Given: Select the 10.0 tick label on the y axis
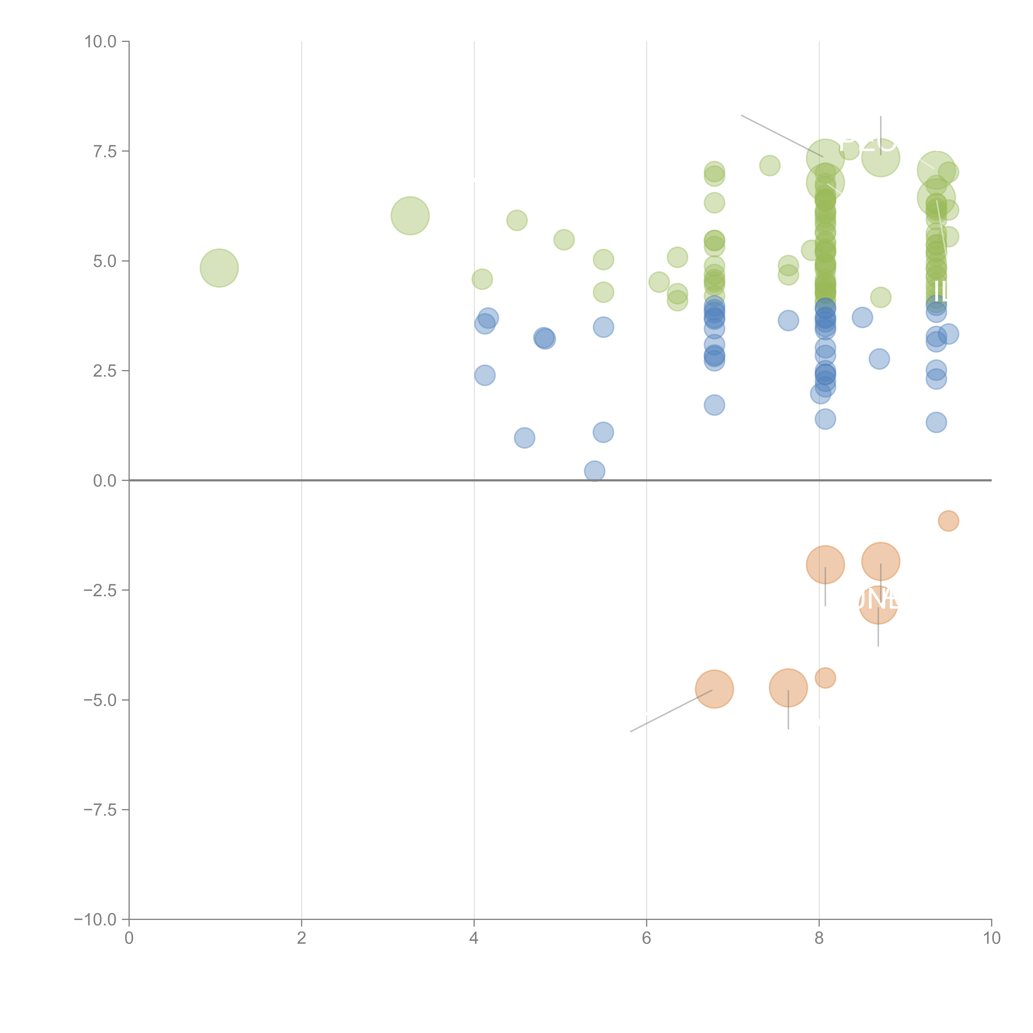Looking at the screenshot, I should point(101,42).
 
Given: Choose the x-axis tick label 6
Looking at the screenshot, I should point(646,938).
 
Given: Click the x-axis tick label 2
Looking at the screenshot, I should point(302,938).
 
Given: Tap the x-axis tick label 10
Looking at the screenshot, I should point(991,938).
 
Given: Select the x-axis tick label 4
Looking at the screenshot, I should point(474,938).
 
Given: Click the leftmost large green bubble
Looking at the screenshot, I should point(219,268).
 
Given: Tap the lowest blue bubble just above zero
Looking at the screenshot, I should point(595,471).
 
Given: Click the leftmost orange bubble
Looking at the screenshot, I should point(714,689).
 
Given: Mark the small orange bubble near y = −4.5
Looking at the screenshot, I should point(825,678).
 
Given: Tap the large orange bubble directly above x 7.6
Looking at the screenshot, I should point(788,688).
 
